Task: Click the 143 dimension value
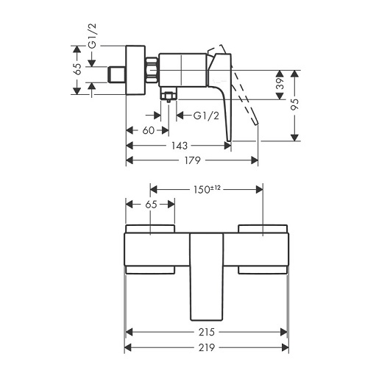pyautogui.click(x=180, y=146)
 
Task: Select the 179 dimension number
pyautogui.click(x=193, y=160)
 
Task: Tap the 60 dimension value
pyautogui.click(x=148, y=130)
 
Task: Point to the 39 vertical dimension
pyautogui.click(x=280, y=84)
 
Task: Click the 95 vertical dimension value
pyautogui.click(x=295, y=104)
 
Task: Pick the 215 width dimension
pyautogui.click(x=207, y=332)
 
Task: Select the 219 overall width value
pyautogui.click(x=207, y=347)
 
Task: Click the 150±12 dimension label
pyautogui.click(x=207, y=190)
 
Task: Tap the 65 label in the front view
pyautogui.click(x=151, y=205)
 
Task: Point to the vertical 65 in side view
pyautogui.click(x=78, y=69)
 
